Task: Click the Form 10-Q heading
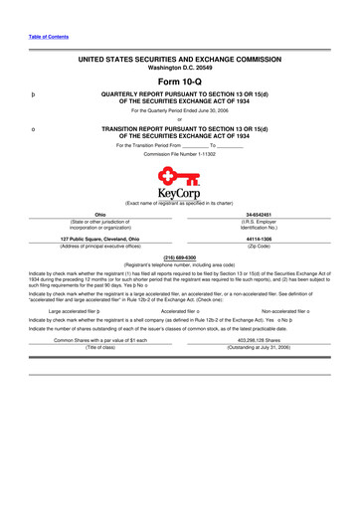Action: coord(180,81)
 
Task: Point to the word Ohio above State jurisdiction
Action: coord(98,214)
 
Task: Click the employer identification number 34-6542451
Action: coord(261,214)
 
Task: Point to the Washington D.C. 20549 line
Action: coord(180,69)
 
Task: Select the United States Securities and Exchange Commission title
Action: coord(180,60)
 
